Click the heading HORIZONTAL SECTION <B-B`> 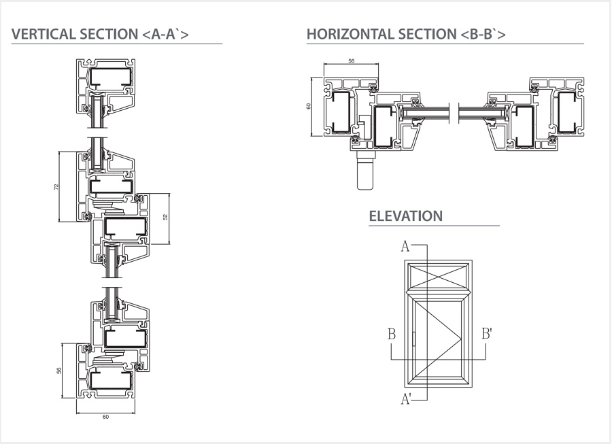pyautogui.click(x=406, y=35)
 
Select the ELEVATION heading pyautogui.click(x=405, y=216)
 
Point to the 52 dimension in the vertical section pyautogui.click(x=165, y=217)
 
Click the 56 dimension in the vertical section pyautogui.click(x=58, y=371)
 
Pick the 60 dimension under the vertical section pyautogui.click(x=105, y=417)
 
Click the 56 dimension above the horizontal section pyautogui.click(x=351, y=61)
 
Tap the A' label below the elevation pyautogui.click(x=406, y=399)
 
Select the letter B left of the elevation pyautogui.click(x=392, y=334)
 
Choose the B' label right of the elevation pyautogui.click(x=488, y=334)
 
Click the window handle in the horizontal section pyautogui.click(x=366, y=173)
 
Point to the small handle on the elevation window pyautogui.click(x=413, y=338)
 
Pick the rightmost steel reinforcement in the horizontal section pyautogui.click(x=570, y=113)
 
